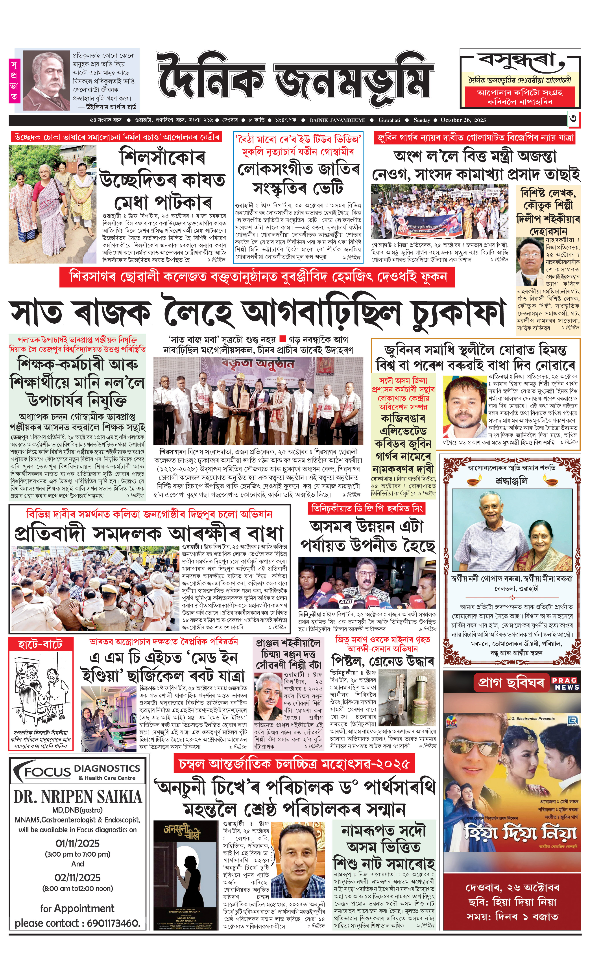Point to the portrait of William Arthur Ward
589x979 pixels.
pos(46,81)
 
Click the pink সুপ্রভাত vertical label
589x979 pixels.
pos(14,81)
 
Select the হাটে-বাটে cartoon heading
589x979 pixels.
pos(40,644)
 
